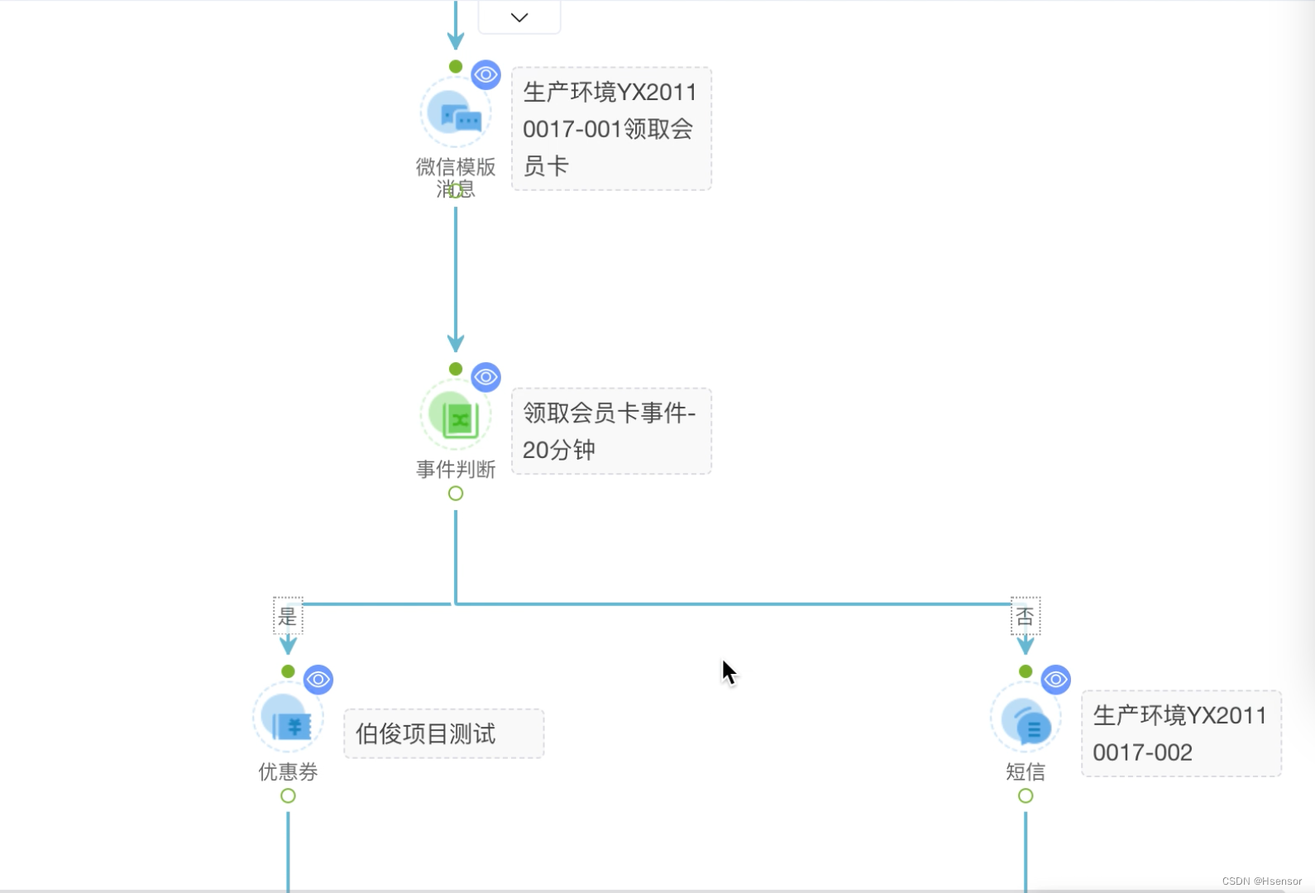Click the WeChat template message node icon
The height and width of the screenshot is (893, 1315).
coord(456,112)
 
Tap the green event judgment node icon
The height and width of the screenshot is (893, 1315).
coord(456,415)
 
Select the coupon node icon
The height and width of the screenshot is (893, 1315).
coord(288,718)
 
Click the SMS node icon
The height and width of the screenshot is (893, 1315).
coord(1026,718)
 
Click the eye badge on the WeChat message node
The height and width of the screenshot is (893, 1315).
coord(486,74)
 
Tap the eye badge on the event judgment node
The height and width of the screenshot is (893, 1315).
coord(486,377)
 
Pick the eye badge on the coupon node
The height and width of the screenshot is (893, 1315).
coord(318,680)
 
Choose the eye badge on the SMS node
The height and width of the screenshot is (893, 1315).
coord(1055,680)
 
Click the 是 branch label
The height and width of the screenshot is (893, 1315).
coord(288,616)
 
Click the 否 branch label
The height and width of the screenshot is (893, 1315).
coord(1026,616)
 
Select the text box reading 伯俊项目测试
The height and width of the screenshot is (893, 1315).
coord(444,733)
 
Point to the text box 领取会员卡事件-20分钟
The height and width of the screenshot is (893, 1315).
coord(611,431)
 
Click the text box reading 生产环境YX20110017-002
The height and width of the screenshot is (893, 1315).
coord(1181,733)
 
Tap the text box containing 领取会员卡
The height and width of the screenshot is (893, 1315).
coord(611,129)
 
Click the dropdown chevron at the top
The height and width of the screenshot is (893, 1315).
coord(519,17)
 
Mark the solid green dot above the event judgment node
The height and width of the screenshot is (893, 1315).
coord(456,369)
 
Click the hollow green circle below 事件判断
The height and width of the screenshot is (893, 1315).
coord(456,494)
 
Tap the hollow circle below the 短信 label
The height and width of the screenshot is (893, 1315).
coord(1026,795)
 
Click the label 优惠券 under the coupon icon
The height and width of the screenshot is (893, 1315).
coord(288,771)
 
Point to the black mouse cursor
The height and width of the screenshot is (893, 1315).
coord(728,671)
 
